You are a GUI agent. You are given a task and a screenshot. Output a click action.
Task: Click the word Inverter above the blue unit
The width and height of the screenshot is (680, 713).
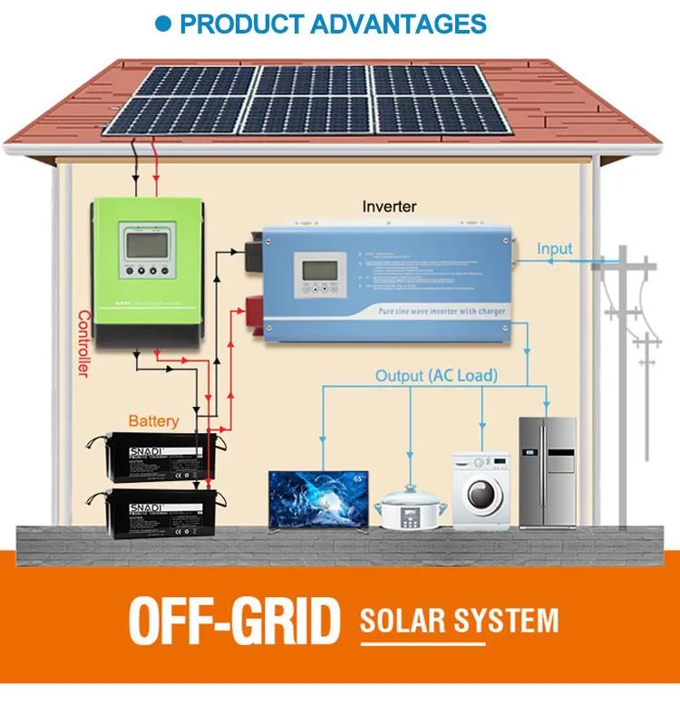(389, 207)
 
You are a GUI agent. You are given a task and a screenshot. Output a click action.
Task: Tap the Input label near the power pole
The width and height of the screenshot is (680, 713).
(554, 248)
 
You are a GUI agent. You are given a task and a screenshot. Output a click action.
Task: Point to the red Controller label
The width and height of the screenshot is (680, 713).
(84, 344)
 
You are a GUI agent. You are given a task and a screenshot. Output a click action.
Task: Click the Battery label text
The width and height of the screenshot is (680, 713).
(153, 420)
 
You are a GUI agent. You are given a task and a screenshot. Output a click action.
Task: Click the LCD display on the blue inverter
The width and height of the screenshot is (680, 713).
(319, 269)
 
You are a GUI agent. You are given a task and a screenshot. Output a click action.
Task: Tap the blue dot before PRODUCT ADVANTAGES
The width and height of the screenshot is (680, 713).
(163, 24)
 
